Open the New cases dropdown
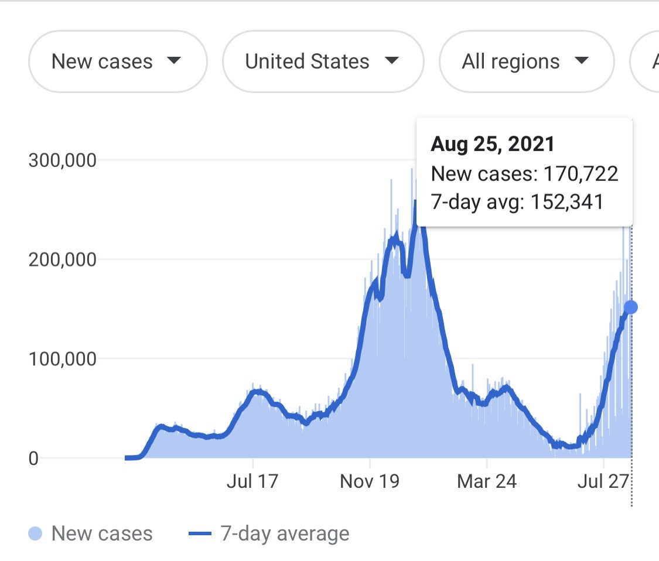117,61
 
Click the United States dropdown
323,61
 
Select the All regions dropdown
526,61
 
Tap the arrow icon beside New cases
173,61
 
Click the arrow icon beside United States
391,61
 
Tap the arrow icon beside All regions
581,61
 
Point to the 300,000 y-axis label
62,160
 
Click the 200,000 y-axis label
62,259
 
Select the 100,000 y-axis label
62,359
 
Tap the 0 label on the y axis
33,458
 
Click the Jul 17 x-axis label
252,481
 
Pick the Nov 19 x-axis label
370,481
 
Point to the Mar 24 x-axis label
487,481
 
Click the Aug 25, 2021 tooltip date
493,144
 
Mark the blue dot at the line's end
630,307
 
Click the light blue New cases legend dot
35,533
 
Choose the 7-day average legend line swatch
200,533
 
